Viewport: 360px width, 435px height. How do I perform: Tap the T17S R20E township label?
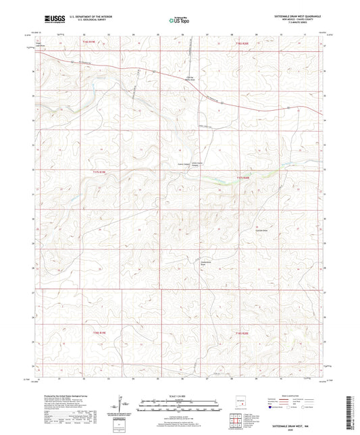(243, 177)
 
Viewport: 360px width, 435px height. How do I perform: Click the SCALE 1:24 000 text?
(180, 396)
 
